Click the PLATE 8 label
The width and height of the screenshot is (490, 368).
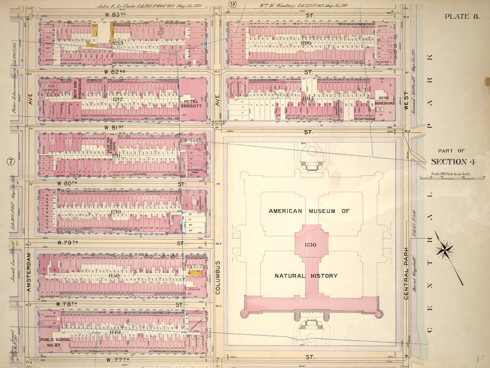point(462,16)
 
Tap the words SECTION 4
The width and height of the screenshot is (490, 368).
point(455,162)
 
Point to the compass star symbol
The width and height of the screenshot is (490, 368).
point(445,249)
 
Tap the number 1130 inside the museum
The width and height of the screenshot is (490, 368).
point(311,245)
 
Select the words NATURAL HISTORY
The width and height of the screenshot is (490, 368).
point(306,276)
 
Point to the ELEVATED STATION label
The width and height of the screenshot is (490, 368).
point(218,125)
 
